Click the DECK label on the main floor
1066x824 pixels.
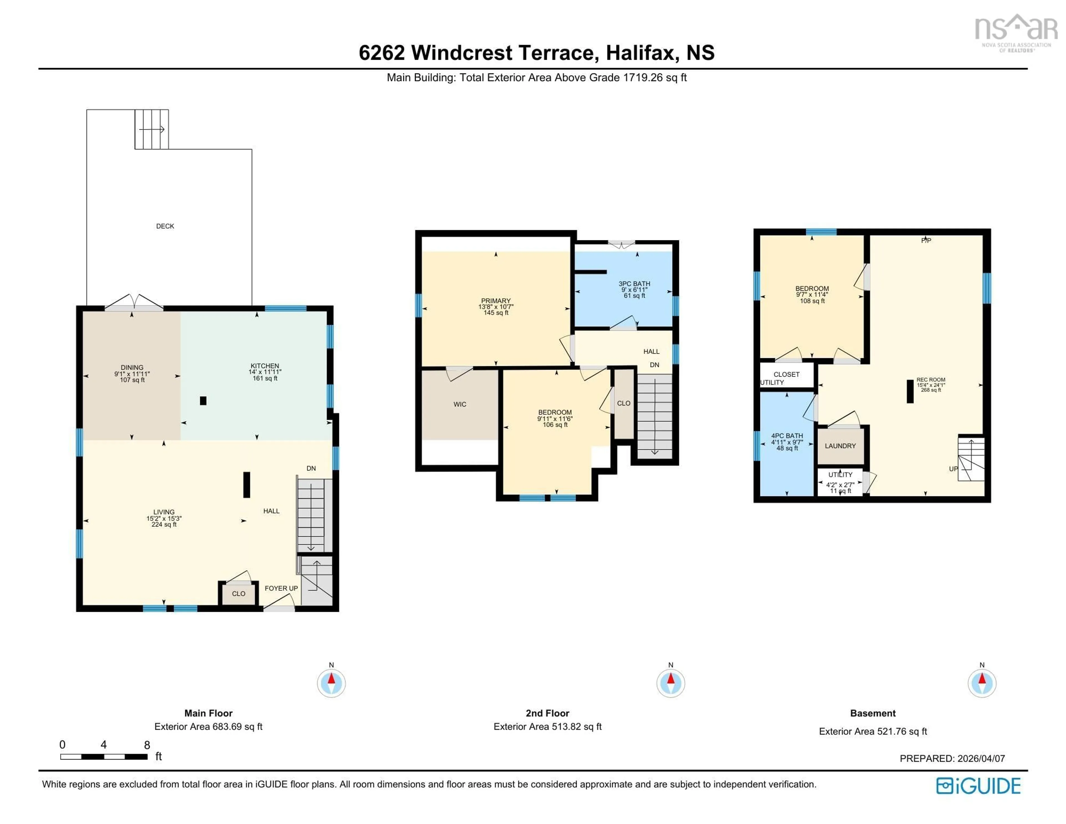pos(165,226)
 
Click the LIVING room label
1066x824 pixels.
pos(164,512)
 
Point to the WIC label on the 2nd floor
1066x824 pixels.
pos(460,404)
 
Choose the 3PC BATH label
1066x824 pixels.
pos(634,284)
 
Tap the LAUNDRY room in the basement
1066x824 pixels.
pos(840,446)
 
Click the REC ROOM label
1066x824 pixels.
pos(930,380)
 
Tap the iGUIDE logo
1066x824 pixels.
pos(978,786)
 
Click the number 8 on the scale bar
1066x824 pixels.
pos(147,745)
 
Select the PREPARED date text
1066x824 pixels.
pos(952,758)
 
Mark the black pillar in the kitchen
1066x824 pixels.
pos(203,401)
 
